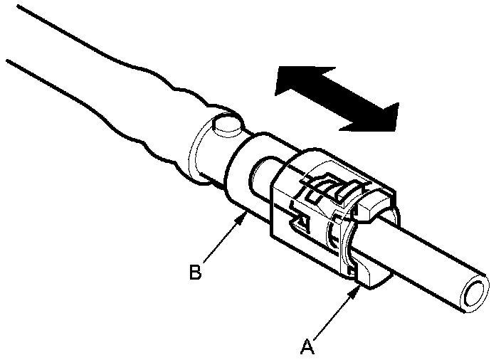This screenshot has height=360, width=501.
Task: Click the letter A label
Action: (307, 346)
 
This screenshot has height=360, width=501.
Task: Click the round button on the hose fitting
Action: (226, 127)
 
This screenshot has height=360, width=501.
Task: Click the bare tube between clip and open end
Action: (427, 256)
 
